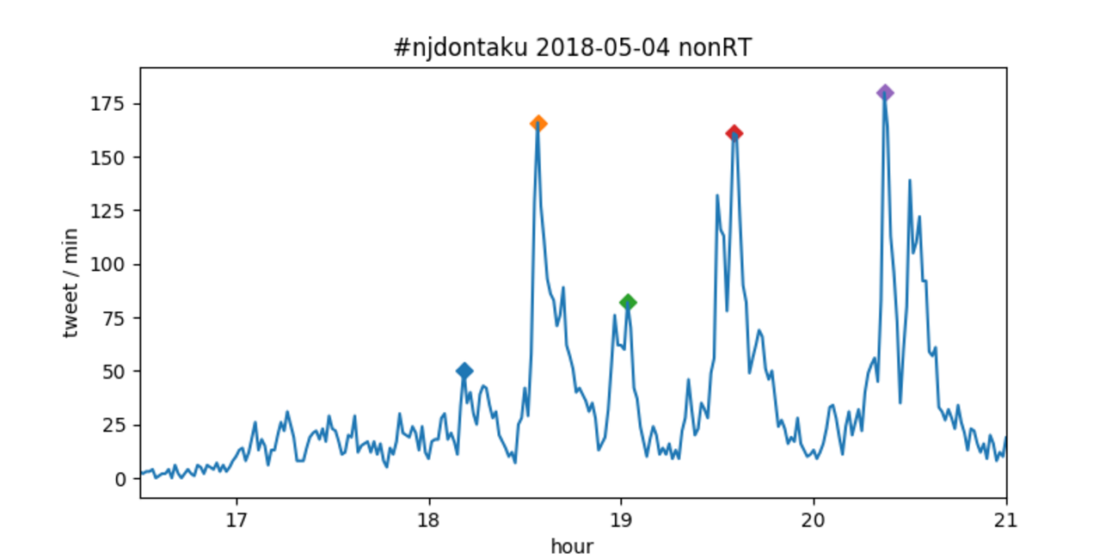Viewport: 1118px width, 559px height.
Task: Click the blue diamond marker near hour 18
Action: (464, 371)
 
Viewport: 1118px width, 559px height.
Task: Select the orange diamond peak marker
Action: (538, 123)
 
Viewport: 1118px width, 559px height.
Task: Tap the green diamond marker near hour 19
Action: (628, 302)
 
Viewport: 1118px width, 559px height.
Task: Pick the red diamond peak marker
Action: (734, 132)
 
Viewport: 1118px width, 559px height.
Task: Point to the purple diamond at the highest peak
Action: (885, 93)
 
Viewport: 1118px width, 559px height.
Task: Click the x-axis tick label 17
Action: (236, 519)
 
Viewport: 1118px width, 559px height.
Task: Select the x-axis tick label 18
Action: (429, 519)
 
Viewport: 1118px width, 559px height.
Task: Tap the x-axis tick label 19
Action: (621, 519)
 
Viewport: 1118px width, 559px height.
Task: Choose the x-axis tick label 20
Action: (814, 519)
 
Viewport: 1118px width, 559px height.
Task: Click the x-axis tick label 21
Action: (1005, 519)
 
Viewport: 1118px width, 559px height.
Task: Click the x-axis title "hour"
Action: (573, 545)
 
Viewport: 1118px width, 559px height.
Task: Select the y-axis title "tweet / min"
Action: (71, 283)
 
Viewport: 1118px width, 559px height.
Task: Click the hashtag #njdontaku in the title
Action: (459, 48)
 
